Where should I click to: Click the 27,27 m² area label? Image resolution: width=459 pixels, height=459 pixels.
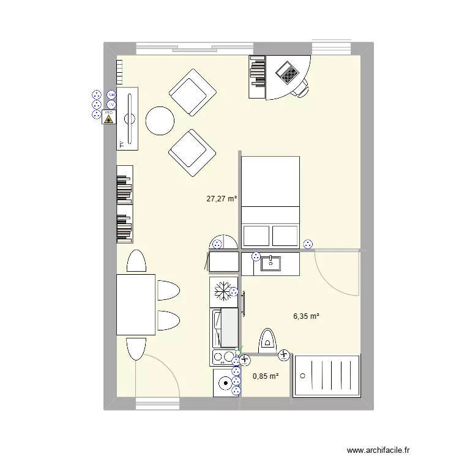(x=221, y=198)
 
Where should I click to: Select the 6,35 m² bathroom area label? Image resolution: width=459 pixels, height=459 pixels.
(x=306, y=316)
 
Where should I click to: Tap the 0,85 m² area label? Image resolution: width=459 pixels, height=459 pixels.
(x=266, y=376)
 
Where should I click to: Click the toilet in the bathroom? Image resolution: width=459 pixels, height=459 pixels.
(x=268, y=340)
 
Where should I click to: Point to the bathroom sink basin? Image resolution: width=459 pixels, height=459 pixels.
(x=271, y=264)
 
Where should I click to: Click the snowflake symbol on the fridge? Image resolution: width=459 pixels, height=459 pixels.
(x=223, y=291)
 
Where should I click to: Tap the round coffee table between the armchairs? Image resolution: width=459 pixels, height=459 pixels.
(x=161, y=121)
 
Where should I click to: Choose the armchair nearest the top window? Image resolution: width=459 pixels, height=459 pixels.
(x=192, y=92)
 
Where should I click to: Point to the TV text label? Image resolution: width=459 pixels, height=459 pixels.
(x=122, y=144)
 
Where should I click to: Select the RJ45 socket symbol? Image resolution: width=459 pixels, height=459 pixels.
(x=111, y=95)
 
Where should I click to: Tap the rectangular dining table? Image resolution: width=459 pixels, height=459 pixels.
(x=136, y=305)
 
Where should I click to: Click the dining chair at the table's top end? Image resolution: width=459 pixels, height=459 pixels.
(x=136, y=261)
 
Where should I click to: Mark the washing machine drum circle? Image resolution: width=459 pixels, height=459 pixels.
(x=226, y=384)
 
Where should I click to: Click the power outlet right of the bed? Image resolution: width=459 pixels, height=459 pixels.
(x=308, y=244)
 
